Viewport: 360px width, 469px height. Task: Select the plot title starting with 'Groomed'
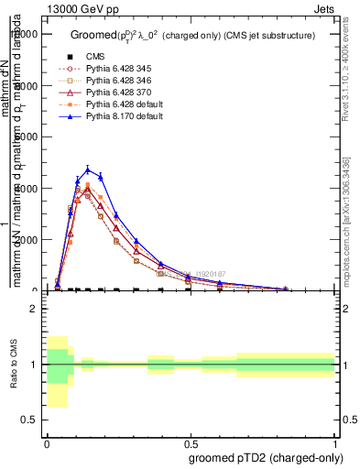pos(192,36)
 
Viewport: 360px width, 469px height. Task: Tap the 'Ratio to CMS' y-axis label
pos(12,365)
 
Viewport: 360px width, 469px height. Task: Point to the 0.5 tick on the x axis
pos(191,440)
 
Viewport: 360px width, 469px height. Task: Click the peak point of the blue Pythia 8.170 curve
pos(88,169)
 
